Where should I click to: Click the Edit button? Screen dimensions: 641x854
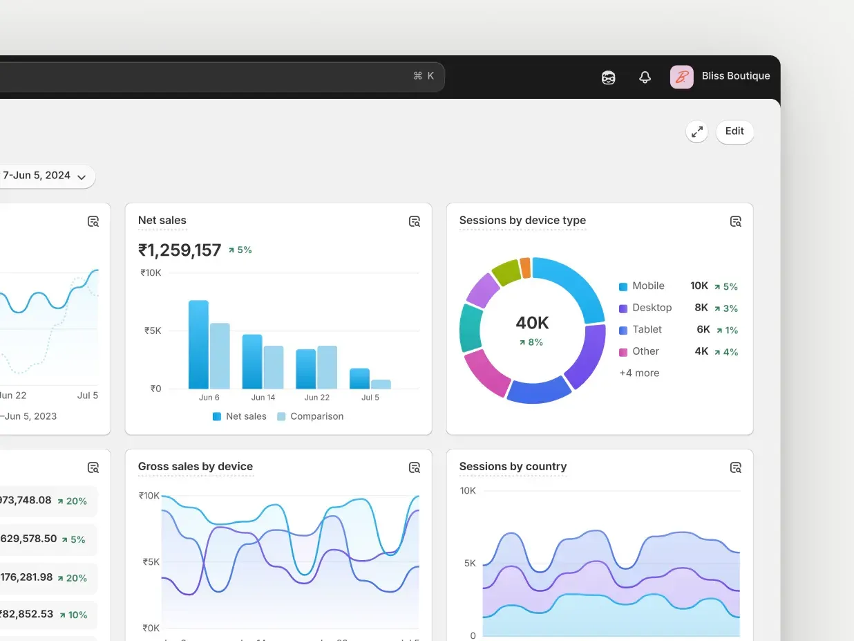pos(734,131)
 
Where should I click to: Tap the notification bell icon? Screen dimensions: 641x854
pos(645,77)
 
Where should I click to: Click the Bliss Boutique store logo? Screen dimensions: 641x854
pos(681,77)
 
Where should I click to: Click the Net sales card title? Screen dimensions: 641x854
pos(162,221)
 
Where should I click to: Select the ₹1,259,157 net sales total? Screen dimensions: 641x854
pos(180,250)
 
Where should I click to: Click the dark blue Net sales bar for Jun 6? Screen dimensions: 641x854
pos(198,344)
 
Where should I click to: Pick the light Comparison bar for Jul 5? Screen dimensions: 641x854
pos(381,384)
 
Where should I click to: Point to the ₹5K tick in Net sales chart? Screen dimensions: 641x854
pos(153,331)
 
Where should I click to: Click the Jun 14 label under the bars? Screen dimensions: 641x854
pos(263,398)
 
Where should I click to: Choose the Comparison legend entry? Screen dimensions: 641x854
pos(310,416)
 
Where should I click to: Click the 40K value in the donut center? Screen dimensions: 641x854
pos(532,323)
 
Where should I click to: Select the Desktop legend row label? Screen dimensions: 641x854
pos(652,308)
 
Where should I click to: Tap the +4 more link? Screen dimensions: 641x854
pos(639,373)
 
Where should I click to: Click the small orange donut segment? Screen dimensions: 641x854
pos(525,268)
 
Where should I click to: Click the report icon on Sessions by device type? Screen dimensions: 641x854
pos(736,221)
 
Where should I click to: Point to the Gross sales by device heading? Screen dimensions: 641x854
pos(196,467)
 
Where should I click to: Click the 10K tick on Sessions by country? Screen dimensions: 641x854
pos(468,491)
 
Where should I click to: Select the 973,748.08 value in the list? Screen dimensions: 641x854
pos(26,500)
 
